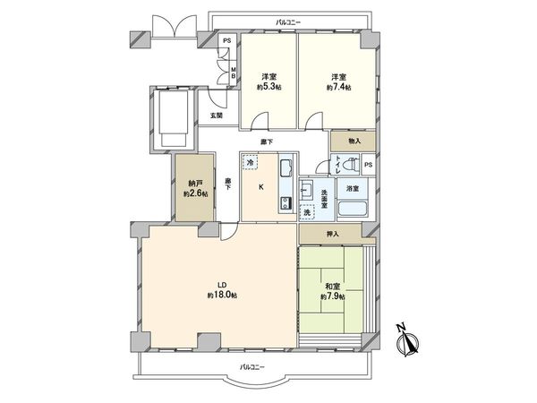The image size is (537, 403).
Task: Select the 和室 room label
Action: pos(332,285)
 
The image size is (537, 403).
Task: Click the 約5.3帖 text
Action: pos(268,88)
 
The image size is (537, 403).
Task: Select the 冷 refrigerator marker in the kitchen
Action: pos(251,162)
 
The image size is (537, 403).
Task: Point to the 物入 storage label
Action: pos(354,141)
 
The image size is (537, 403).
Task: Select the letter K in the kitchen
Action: pos(261,187)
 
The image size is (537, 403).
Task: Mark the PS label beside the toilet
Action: pos(369,165)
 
